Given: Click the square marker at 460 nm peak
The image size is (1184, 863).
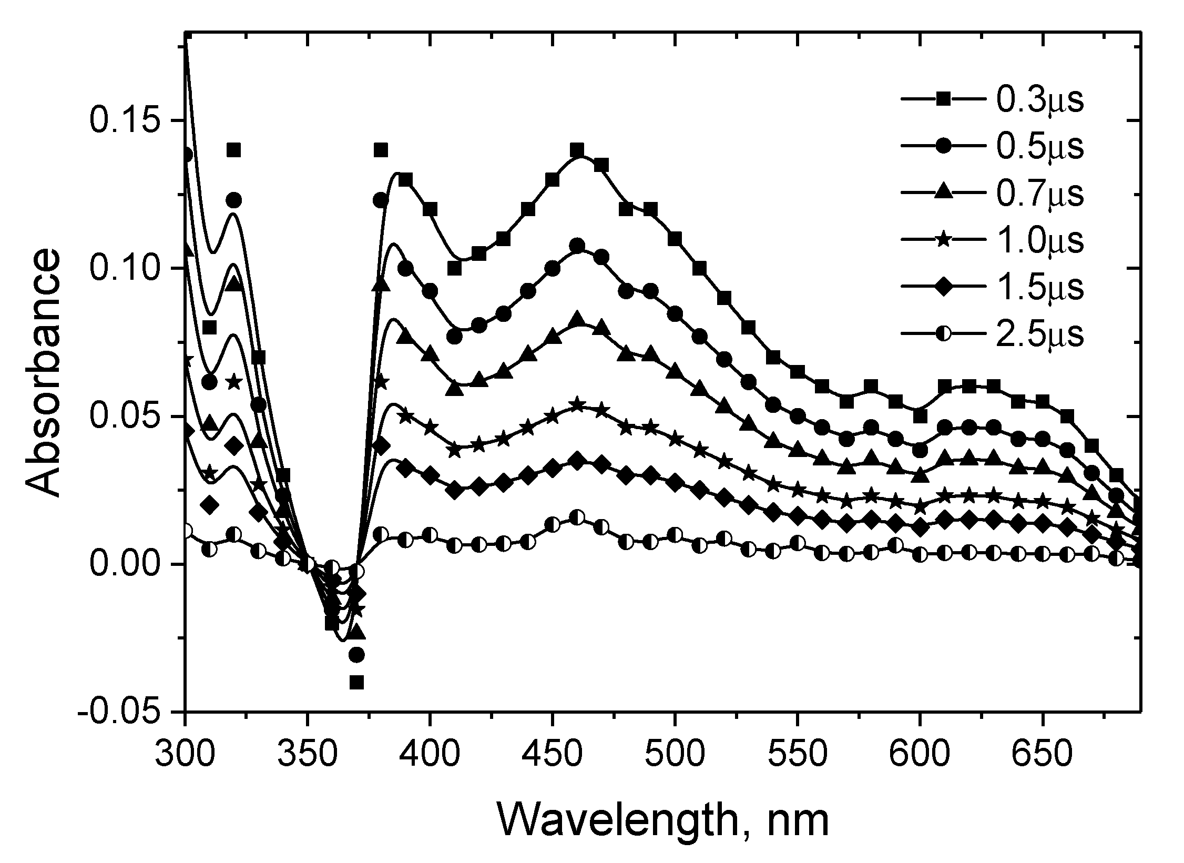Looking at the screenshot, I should pos(577,150).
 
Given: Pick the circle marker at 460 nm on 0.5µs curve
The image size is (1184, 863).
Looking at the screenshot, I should pos(577,246).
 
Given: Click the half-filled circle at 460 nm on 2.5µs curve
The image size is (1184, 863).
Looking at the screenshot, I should pos(577,517).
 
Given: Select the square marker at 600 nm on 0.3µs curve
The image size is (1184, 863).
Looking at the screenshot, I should pos(920,416).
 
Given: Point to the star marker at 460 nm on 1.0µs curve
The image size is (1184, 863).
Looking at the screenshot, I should pos(577,404).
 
